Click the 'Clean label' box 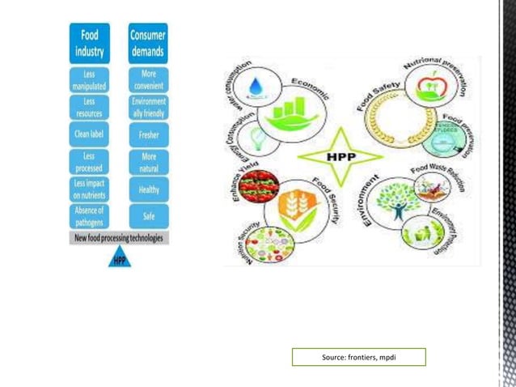pyautogui.click(x=89, y=134)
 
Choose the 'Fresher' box pyautogui.click(x=149, y=134)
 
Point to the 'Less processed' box pyautogui.click(x=89, y=162)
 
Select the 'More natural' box pyautogui.click(x=149, y=162)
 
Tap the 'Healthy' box pyautogui.click(x=149, y=189)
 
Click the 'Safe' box pyautogui.click(x=149, y=217)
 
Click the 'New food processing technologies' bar pyautogui.click(x=119, y=238)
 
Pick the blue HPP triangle pyautogui.click(x=119, y=257)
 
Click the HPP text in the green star pyautogui.click(x=339, y=155)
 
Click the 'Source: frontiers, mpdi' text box pyautogui.click(x=358, y=357)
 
